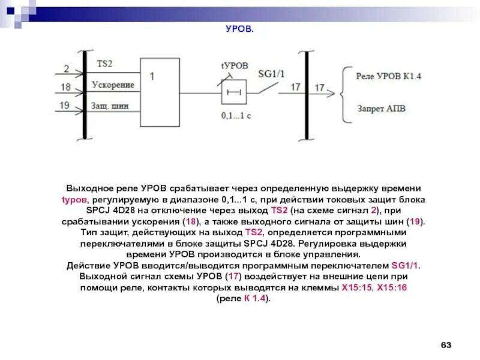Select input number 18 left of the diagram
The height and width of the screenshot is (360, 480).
[x=66, y=88]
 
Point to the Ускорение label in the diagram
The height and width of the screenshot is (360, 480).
[x=112, y=85]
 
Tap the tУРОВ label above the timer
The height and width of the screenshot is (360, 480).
[x=234, y=65]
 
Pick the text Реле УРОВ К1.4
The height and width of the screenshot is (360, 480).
[x=389, y=76]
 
